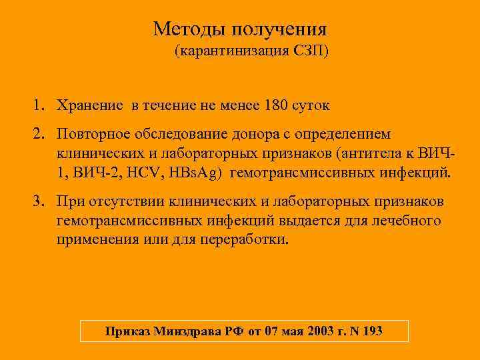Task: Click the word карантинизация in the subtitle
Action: pyautogui.click(x=231, y=51)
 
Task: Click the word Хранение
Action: pyautogui.click(x=89, y=105)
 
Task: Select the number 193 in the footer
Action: pyautogui.click(x=371, y=331)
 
